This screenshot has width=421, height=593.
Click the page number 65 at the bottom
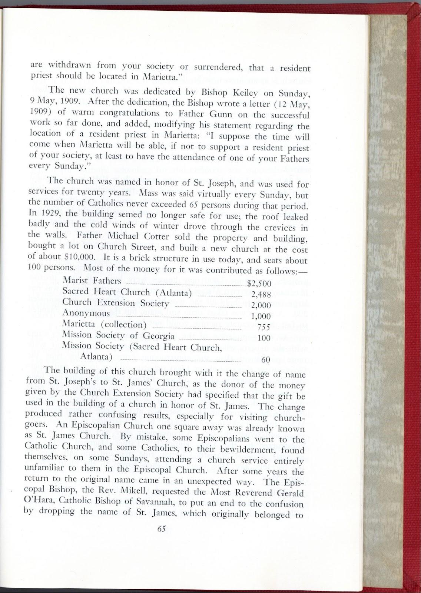point(161,529)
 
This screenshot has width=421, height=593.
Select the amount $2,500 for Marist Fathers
point(259,284)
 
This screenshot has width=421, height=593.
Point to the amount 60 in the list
point(266,360)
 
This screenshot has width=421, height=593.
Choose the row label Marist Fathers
point(92,281)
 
